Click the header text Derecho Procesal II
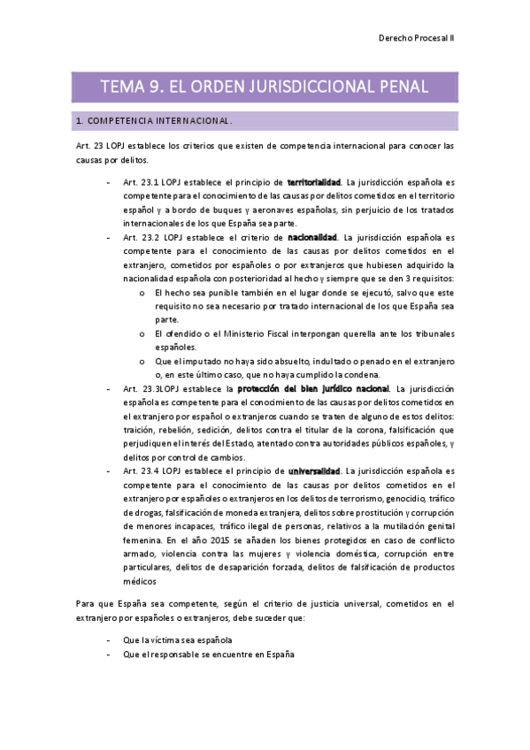(416, 40)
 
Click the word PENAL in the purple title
(396, 87)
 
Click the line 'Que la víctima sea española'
(179, 639)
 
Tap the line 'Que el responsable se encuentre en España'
(209, 654)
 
